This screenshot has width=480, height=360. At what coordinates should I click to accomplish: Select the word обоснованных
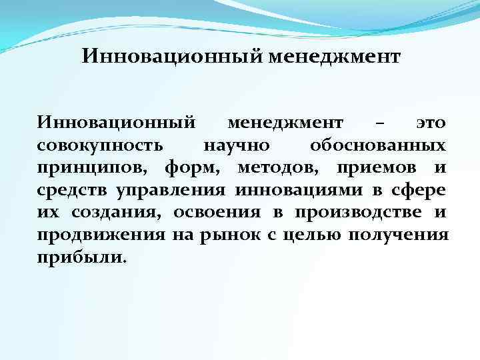tap(379, 145)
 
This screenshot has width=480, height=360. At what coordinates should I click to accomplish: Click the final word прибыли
tap(80, 258)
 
